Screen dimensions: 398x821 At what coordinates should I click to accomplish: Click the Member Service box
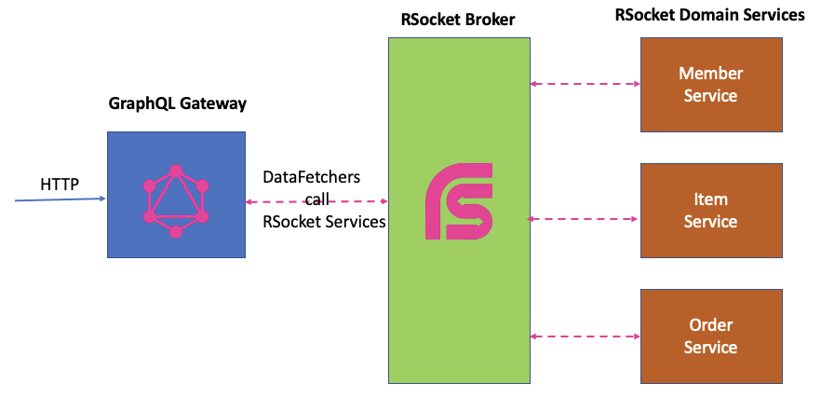coord(710,84)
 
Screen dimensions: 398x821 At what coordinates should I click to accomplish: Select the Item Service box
coord(710,210)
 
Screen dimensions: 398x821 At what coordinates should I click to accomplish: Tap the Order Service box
coord(710,336)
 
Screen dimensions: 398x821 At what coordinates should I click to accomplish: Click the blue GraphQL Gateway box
coord(176,194)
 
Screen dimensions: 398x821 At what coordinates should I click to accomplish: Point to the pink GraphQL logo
coord(175,200)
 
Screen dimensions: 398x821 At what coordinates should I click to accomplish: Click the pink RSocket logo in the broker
coord(459,200)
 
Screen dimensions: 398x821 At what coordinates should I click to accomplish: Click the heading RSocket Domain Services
coord(709,15)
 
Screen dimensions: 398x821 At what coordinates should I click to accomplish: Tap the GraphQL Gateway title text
coord(177,103)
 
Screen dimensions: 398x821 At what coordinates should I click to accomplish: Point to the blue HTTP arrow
coord(56,199)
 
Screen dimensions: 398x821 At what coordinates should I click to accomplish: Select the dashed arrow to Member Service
coord(585,84)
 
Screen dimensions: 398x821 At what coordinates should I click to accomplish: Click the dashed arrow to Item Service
coord(585,219)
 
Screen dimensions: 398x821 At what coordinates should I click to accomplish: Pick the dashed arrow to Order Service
coord(585,336)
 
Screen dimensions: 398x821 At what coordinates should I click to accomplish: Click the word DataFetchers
coord(311,177)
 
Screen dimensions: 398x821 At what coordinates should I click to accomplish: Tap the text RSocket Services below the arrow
coord(323,222)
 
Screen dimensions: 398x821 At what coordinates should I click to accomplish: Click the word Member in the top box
coord(710,73)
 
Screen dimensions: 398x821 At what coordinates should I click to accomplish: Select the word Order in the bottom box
coord(710,325)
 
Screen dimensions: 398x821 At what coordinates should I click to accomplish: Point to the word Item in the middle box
coord(710,199)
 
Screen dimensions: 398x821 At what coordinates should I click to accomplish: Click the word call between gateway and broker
coord(317,199)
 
